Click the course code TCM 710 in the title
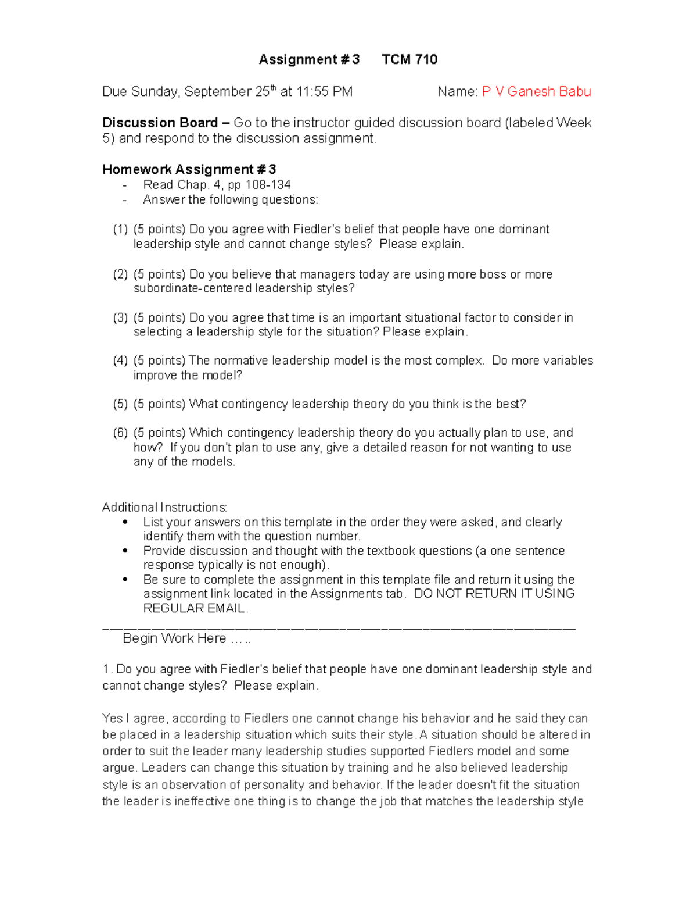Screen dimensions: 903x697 coord(409,59)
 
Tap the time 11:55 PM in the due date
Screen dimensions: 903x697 coord(324,92)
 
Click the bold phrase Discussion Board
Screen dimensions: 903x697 coord(160,123)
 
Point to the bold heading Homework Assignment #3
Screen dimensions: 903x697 coord(189,169)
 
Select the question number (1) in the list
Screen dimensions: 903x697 coord(120,229)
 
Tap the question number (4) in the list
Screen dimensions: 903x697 coord(120,361)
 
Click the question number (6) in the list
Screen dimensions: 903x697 coord(120,433)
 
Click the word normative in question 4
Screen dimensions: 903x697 coord(240,361)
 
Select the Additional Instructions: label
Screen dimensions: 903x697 coord(165,507)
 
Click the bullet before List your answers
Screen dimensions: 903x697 coord(125,522)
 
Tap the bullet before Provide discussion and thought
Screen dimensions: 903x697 coord(125,551)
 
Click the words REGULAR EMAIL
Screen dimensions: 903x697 coord(195,608)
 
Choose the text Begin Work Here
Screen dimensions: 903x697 coord(174,638)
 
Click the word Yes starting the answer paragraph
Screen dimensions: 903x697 coord(113,718)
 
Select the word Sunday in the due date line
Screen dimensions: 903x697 coord(155,92)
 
